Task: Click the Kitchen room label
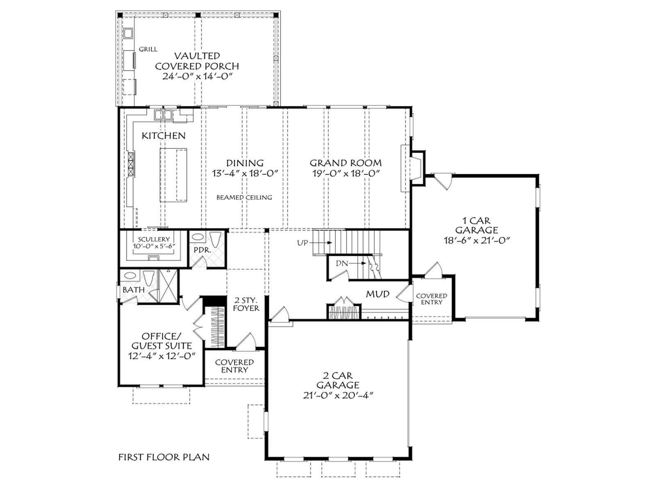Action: pyautogui.click(x=163, y=136)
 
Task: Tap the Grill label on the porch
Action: pyautogui.click(x=148, y=49)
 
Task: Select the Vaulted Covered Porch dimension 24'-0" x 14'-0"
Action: pyautogui.click(x=197, y=77)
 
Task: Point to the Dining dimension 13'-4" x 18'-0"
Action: pyautogui.click(x=245, y=173)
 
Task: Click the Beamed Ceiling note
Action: pyautogui.click(x=244, y=198)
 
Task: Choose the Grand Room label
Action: pyautogui.click(x=346, y=163)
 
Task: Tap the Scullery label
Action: pyautogui.click(x=154, y=239)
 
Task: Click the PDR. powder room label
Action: pyautogui.click(x=202, y=251)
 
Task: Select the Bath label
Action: pyautogui.click(x=134, y=289)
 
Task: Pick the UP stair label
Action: pyautogui.click(x=303, y=243)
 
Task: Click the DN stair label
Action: pyautogui.click(x=342, y=264)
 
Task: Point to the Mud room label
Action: pyautogui.click(x=378, y=294)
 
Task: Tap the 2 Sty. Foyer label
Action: pyautogui.click(x=246, y=304)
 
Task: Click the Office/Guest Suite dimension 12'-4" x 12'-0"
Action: pyautogui.click(x=162, y=356)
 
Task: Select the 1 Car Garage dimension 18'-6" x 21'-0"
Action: pyautogui.click(x=476, y=241)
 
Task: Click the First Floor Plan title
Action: pyautogui.click(x=164, y=457)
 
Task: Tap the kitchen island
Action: pyautogui.click(x=173, y=175)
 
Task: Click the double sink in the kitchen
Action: pyautogui.click(x=163, y=115)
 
